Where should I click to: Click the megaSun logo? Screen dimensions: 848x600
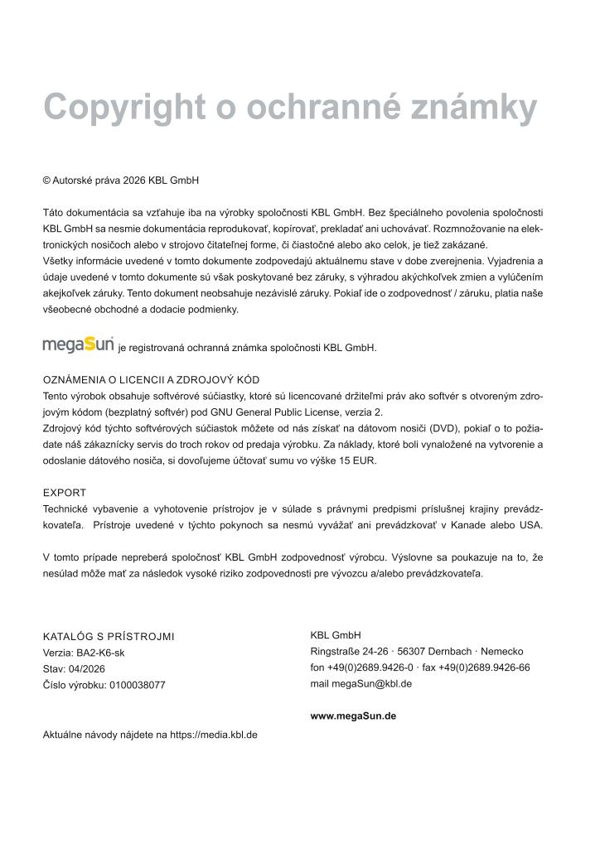[x=78, y=344]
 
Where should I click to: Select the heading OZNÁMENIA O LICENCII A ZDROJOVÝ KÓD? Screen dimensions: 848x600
[x=152, y=380]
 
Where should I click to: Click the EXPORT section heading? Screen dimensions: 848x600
[x=65, y=493]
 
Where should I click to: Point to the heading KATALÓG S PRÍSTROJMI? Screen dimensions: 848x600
[x=109, y=637]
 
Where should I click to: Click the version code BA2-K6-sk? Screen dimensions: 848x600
[x=102, y=653]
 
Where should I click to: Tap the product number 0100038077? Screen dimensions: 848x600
[x=137, y=685]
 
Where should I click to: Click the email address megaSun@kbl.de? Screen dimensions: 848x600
[x=372, y=684]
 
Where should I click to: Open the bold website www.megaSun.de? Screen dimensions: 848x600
[x=353, y=716]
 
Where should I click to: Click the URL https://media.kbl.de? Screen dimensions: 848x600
[x=214, y=734]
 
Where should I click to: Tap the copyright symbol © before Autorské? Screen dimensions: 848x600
[x=46, y=180]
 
